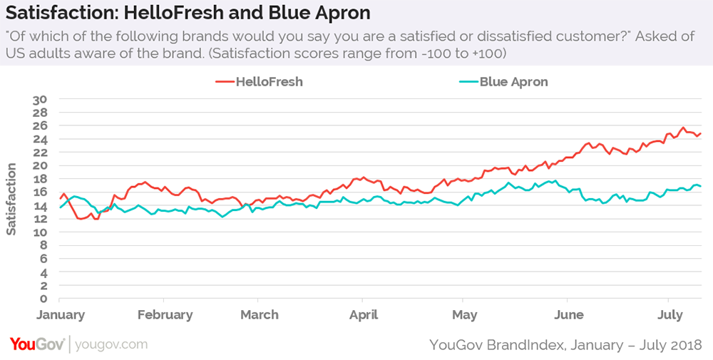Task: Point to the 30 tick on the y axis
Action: click(41, 99)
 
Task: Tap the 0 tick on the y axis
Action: click(43, 299)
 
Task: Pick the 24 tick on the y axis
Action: click(41, 139)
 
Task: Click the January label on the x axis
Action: click(60, 315)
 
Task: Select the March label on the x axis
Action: click(259, 315)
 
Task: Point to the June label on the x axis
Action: click(568, 315)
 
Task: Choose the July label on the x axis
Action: click(669, 315)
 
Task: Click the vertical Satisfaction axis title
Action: click(11, 199)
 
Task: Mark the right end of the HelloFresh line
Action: click(701, 133)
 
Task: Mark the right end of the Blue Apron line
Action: click(701, 186)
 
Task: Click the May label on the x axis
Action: click(464, 315)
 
